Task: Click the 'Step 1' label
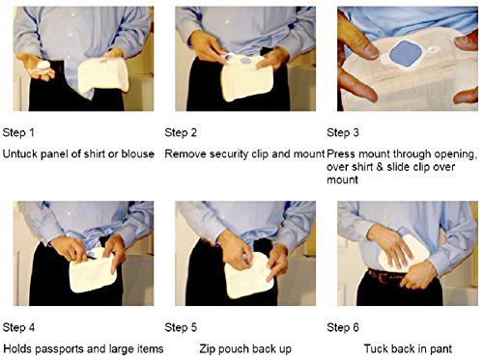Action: pos(18,132)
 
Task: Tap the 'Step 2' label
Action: pos(181,132)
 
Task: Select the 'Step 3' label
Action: pos(343,132)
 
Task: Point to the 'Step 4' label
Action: pos(18,327)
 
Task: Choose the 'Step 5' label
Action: pos(181,327)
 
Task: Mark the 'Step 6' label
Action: pos(343,327)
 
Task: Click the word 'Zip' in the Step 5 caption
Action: pos(207,349)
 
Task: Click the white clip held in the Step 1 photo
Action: pos(43,66)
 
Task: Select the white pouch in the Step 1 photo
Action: pos(103,77)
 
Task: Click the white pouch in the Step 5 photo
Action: pos(249,276)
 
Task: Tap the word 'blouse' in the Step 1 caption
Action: pos(137,153)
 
